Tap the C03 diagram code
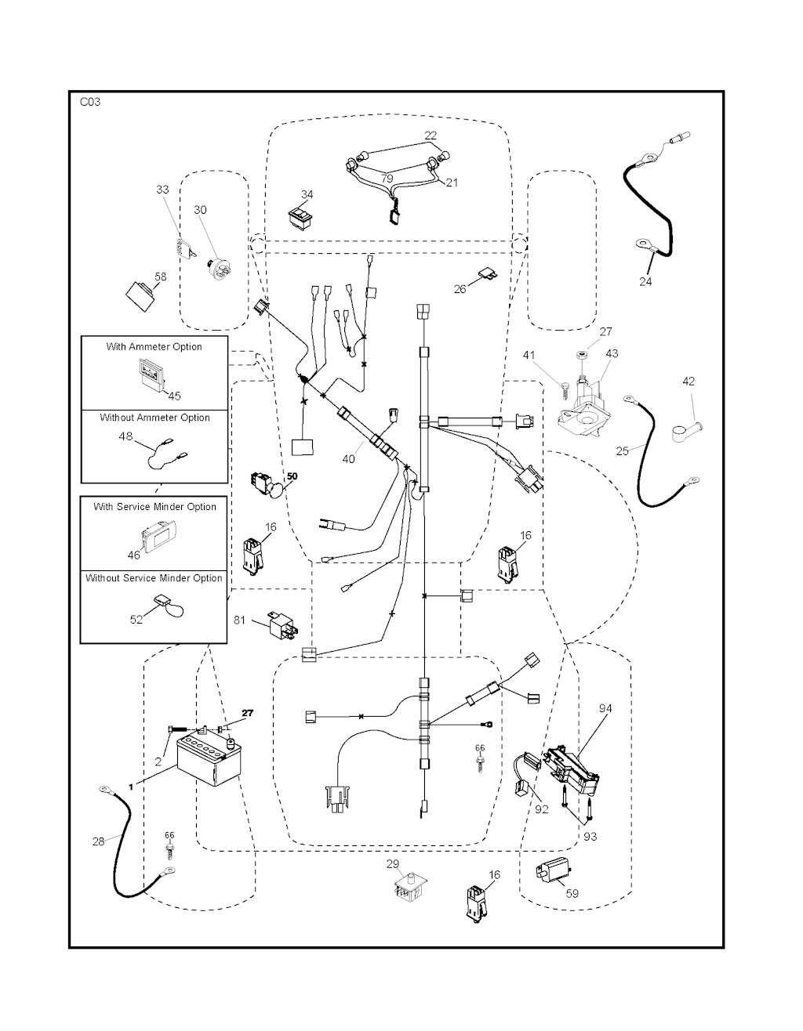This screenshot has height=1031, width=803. click(90, 102)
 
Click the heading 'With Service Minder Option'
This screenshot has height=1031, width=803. click(154, 507)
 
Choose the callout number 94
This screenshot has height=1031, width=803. click(605, 708)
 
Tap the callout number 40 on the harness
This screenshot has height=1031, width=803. click(348, 458)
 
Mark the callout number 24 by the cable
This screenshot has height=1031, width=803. click(645, 281)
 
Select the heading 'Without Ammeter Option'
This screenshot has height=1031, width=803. click(154, 418)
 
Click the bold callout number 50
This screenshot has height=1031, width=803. click(292, 476)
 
